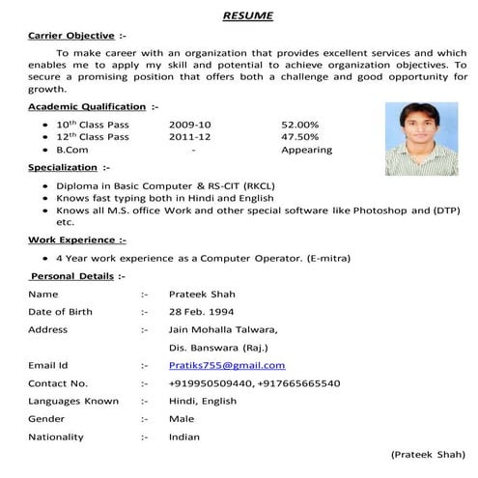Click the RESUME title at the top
tap(247, 15)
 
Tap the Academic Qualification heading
tap(87, 105)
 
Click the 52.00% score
tap(299, 125)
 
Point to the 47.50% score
tap(299, 137)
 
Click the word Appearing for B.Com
tap(306, 150)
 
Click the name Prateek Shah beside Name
tap(202, 294)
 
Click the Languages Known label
tap(73, 401)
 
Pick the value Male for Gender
tap(182, 418)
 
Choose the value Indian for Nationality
tap(184, 436)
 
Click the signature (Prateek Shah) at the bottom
tap(427, 454)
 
